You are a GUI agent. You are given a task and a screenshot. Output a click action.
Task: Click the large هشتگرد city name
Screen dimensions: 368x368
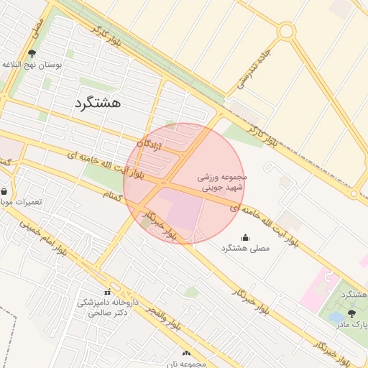click(97, 103)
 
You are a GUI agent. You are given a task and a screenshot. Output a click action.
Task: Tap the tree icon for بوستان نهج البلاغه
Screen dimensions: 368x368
click(32, 53)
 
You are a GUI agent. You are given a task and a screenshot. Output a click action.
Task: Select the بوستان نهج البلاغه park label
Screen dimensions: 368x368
click(33, 65)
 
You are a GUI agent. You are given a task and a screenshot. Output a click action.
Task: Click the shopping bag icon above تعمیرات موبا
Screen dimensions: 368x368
click(6, 192)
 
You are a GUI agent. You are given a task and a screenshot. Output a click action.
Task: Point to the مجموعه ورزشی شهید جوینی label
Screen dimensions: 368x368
click(222, 182)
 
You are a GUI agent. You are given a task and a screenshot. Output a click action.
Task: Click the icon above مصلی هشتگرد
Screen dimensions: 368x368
click(245, 237)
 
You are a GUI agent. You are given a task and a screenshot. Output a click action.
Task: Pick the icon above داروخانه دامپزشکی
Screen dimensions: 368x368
click(108, 292)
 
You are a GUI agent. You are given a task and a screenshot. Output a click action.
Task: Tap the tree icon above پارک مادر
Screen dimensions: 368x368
click(351, 313)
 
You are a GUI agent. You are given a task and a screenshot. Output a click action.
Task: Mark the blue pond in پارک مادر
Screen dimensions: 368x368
click(335, 316)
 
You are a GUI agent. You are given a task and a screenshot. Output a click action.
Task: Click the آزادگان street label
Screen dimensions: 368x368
click(150, 144)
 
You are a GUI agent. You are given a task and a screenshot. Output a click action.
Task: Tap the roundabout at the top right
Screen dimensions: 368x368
click(287, 31)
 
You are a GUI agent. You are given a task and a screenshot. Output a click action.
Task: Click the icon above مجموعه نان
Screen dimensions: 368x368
click(187, 353)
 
